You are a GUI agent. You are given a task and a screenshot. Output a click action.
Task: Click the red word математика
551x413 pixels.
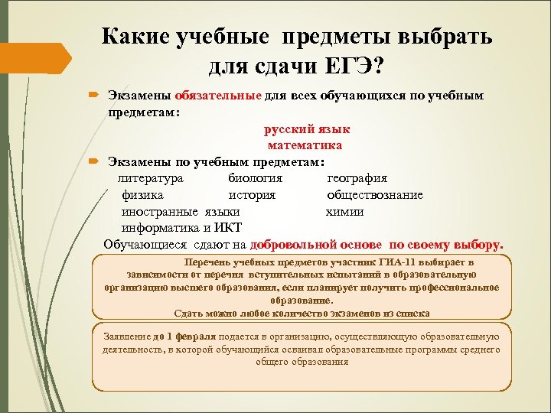tap(304, 145)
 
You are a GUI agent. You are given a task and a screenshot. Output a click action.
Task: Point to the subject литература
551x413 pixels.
tap(151, 178)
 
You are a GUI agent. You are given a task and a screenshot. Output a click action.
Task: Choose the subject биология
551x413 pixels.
tap(255, 178)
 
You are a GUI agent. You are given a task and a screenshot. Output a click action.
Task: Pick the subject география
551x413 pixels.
tap(357, 178)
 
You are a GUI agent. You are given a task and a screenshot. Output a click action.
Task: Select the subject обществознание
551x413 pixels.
tap(374, 195)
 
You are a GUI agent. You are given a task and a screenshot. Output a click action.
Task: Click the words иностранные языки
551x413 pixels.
tap(181, 212)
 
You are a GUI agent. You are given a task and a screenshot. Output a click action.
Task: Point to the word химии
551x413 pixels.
tap(344, 212)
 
